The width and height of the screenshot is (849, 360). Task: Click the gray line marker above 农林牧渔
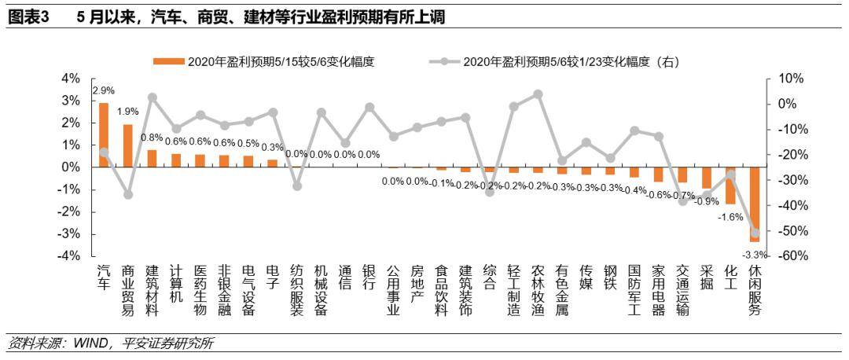click(x=538, y=94)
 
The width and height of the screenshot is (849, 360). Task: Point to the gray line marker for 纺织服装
click(x=296, y=186)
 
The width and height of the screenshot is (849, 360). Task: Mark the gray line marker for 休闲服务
click(x=755, y=233)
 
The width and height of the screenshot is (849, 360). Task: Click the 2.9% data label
click(x=104, y=90)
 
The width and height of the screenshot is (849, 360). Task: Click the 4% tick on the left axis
click(x=71, y=79)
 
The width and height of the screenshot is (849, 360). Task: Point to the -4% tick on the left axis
click(x=71, y=256)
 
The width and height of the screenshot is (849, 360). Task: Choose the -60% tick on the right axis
click(x=788, y=256)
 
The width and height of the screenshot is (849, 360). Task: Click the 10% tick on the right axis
click(x=788, y=79)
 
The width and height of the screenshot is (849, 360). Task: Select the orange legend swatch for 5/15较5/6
click(x=168, y=61)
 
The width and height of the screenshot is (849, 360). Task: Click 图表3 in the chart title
click(x=27, y=18)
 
